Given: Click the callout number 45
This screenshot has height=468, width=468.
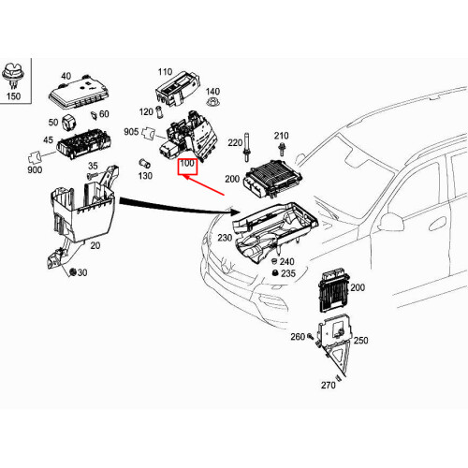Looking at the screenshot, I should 48,142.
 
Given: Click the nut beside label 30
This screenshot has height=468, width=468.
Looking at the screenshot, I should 72,272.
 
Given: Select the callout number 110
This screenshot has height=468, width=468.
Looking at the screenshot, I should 166,71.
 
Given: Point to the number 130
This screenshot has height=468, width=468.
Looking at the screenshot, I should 144,175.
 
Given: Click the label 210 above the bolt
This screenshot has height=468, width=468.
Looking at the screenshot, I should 282,137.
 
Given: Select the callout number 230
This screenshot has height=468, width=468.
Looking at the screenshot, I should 225,238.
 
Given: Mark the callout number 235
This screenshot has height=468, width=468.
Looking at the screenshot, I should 287,274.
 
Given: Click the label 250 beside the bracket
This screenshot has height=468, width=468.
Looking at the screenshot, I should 360,342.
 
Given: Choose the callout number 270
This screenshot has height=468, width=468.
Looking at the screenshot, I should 328,384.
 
